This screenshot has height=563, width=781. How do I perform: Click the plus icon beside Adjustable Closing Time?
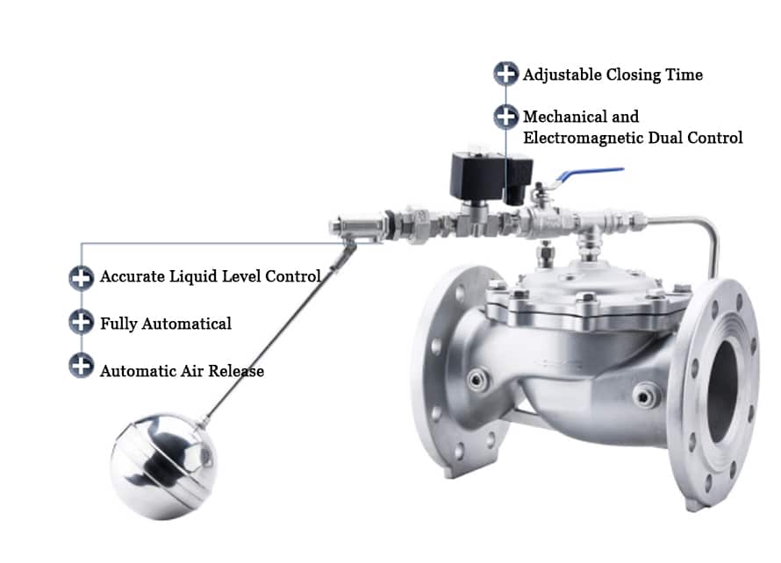505,74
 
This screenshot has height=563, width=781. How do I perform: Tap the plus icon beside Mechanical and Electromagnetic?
505,116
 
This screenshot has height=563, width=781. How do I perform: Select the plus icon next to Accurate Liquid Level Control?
82,277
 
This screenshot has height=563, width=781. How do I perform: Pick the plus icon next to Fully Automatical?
82,322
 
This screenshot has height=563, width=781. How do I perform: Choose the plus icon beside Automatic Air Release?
82,366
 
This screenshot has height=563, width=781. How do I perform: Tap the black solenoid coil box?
491,176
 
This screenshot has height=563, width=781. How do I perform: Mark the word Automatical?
186,324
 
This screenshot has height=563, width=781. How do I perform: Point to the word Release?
236,371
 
